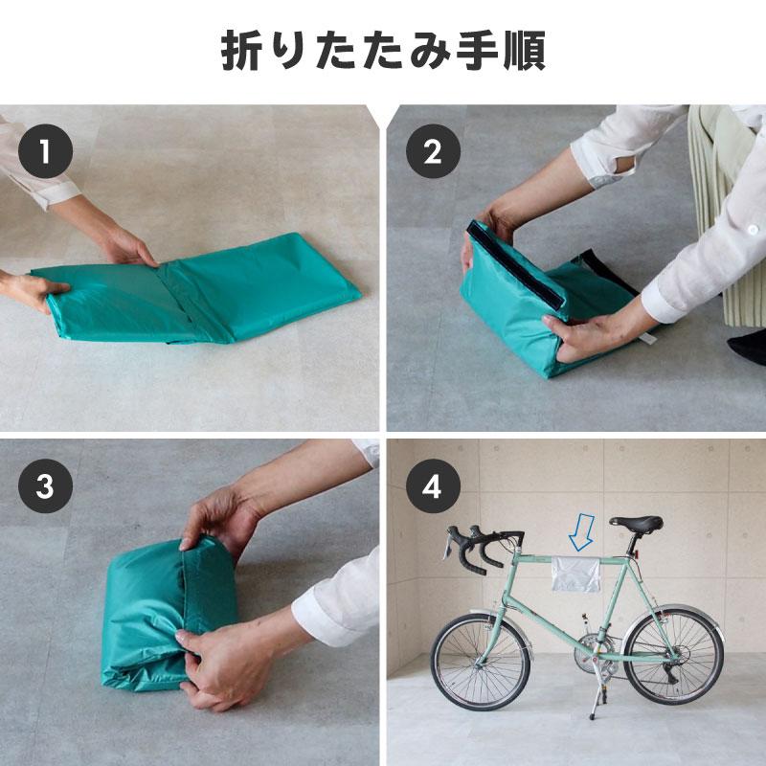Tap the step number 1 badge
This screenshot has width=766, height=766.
point(44,151)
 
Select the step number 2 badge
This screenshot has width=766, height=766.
point(433,151)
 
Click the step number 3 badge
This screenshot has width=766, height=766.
point(44,486)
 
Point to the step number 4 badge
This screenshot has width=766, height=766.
point(433,486)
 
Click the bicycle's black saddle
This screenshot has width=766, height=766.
point(637,524)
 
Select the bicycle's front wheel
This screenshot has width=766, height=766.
point(479,662)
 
